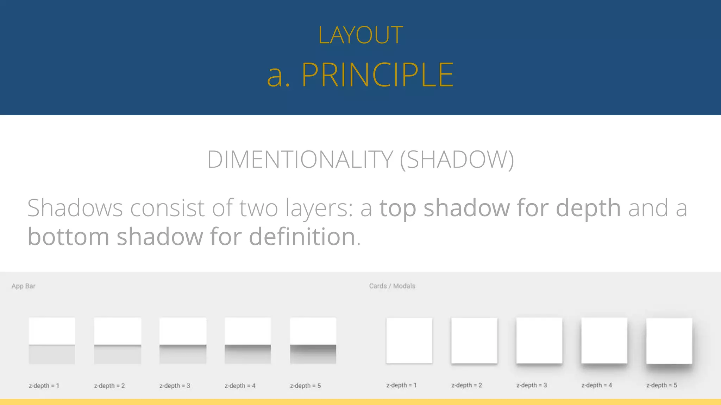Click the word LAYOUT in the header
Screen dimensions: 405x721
[360, 35]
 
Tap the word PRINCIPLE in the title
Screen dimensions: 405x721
[377, 75]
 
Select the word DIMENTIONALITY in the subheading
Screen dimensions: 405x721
[300, 160]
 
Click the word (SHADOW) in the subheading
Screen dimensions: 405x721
[457, 160]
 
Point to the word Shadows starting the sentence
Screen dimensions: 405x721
[75, 208]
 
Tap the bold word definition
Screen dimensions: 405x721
[302, 236]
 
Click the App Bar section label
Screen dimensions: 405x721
[23, 286]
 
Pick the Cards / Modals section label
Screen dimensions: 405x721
[392, 286]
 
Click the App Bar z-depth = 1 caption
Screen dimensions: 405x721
[44, 386]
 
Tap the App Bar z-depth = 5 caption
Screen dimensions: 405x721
[305, 386]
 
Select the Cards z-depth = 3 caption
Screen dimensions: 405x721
[532, 385]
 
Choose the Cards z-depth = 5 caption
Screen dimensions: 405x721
[662, 385]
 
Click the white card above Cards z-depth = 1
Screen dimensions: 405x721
[409, 340]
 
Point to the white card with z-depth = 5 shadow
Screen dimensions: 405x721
[669, 341]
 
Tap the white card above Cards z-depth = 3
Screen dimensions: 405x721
[539, 340]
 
